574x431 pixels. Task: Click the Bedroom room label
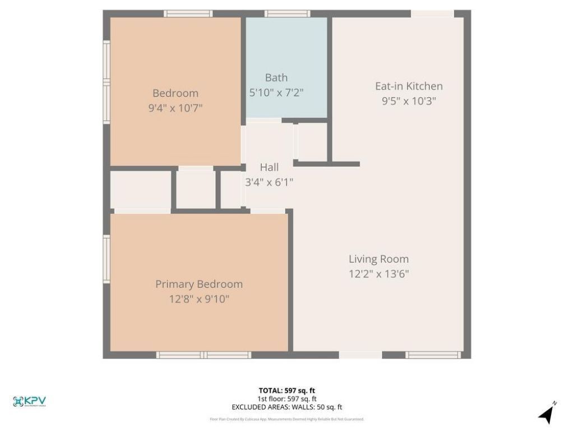[x=175, y=93]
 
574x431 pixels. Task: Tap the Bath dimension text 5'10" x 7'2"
[x=276, y=93]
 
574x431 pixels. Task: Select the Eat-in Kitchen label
[x=409, y=86]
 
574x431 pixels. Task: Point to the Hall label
[x=269, y=167]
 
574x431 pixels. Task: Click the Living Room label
[x=378, y=259]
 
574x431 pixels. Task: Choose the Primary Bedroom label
[x=199, y=284]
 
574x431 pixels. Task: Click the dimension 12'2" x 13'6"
[x=378, y=274]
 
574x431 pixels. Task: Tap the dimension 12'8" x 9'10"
[x=199, y=299]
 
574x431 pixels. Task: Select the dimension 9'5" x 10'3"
[x=409, y=101]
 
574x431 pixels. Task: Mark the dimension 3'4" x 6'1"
[x=269, y=182]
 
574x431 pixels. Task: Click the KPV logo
[x=29, y=401]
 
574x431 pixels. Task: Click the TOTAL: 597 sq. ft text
[x=287, y=391]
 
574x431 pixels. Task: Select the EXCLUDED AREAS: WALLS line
[x=287, y=407]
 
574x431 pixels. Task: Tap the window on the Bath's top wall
[x=287, y=13]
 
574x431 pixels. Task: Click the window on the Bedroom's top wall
[x=188, y=13]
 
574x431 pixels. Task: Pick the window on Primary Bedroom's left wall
[x=107, y=259]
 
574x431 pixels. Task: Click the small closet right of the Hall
[x=312, y=142]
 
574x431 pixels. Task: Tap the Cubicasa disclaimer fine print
[x=287, y=419]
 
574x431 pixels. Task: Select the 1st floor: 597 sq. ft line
[x=287, y=399]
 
